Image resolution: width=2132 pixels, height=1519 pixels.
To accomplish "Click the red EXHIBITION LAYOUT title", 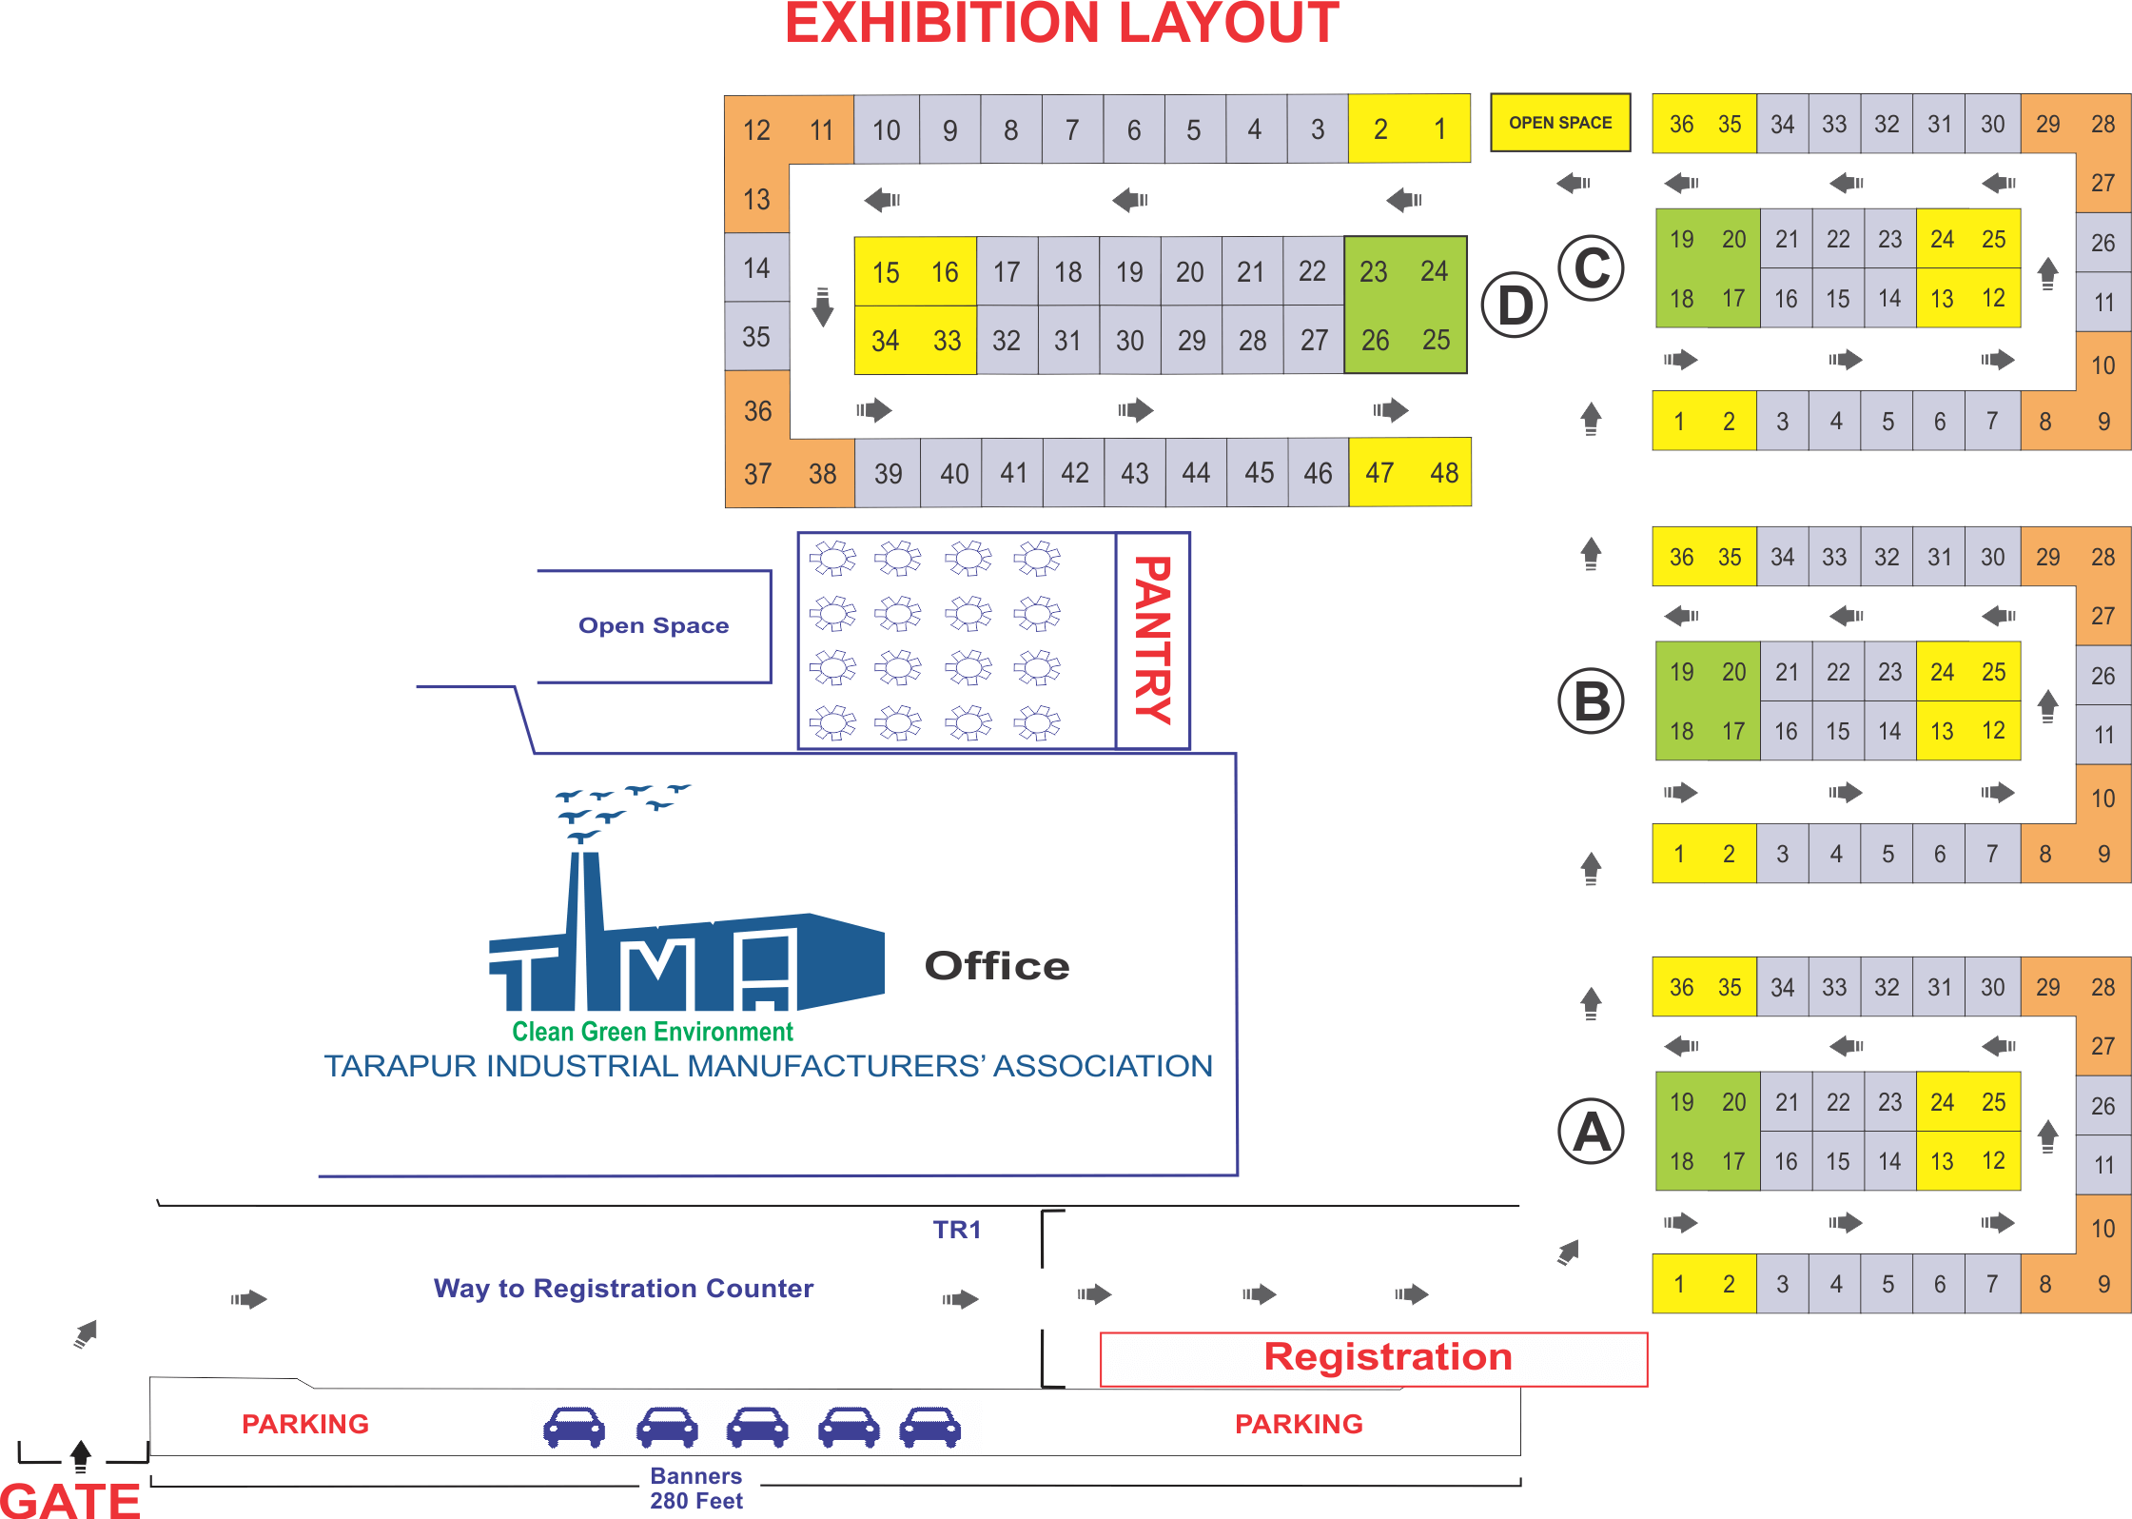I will tap(1062, 24).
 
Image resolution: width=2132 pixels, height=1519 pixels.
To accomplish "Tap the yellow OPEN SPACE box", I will tap(1560, 123).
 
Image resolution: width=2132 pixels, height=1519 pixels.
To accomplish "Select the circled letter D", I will tap(1516, 306).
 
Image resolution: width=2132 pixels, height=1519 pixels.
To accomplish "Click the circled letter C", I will tap(1592, 268).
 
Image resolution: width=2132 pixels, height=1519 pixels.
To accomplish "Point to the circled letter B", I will tap(1592, 701).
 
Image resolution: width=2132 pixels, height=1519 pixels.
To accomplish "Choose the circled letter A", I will tap(1592, 1132).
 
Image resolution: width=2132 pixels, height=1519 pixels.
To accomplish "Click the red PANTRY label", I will tap(1153, 641).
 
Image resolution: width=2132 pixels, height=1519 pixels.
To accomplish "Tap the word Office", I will tap(997, 966).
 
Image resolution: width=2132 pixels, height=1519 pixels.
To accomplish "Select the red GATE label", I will tap(70, 1499).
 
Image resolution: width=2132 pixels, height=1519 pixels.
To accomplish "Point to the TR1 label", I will tap(956, 1230).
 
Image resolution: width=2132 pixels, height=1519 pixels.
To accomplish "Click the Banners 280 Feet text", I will tap(696, 1489).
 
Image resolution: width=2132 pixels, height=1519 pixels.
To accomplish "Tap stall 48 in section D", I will tap(1443, 473).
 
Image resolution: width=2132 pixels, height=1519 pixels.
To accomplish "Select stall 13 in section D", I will tap(756, 199).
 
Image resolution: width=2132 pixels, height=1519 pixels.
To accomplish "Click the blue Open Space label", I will tap(654, 625).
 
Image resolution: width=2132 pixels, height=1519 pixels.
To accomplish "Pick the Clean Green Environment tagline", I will tap(653, 1032).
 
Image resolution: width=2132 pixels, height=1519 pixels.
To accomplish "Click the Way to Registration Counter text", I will tap(623, 1289).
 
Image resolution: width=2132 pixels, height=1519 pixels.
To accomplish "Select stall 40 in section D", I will tap(953, 473).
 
